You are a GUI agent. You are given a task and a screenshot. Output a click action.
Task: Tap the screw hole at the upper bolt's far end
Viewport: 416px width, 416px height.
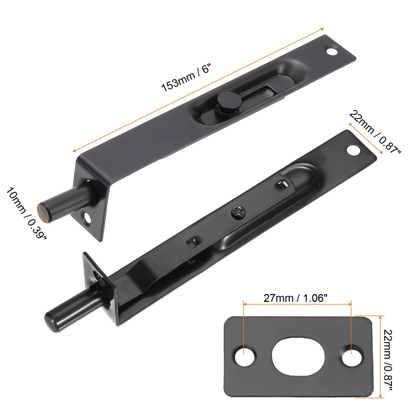point(332,52)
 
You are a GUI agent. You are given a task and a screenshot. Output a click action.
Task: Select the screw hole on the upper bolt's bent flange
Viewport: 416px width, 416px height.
point(87,218)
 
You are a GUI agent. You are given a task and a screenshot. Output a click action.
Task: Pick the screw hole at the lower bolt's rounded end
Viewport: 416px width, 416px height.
point(354,149)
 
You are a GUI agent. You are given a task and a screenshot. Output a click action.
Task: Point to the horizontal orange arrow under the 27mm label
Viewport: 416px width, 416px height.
point(297,305)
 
